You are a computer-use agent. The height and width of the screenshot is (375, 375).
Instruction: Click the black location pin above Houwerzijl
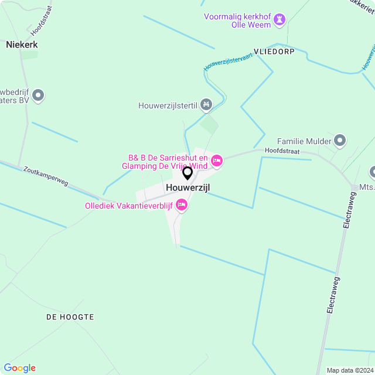[x=187, y=173]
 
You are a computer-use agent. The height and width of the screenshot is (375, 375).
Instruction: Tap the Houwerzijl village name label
[x=187, y=187]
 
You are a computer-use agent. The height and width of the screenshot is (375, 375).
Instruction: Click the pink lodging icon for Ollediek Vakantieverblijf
[x=181, y=204]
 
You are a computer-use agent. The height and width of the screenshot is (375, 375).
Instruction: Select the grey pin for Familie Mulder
[x=340, y=141]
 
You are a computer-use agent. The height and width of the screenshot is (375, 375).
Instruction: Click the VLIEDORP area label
[x=274, y=52]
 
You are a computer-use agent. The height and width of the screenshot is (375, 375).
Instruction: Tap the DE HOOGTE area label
[x=70, y=317]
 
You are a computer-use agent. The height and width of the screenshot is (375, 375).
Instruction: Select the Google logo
[x=19, y=368]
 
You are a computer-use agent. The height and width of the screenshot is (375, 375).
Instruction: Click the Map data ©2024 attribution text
[x=349, y=370]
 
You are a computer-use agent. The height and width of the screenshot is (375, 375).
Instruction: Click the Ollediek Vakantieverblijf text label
[x=129, y=205]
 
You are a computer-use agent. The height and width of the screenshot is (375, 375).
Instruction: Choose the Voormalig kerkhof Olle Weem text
[x=238, y=21]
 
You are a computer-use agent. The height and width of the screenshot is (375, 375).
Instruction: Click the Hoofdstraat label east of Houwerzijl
[x=282, y=151]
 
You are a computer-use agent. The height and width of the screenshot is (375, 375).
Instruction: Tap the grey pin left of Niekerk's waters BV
[x=38, y=95]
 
